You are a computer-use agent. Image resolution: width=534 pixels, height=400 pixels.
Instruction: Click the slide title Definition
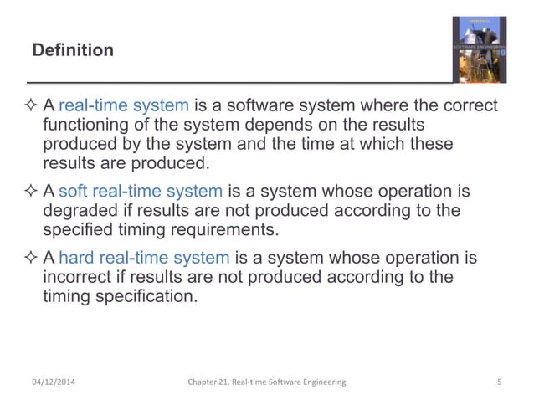coord(73,51)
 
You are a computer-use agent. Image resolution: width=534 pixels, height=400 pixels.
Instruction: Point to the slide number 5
coord(499,382)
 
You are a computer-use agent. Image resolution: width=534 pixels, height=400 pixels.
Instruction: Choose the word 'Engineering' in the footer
coord(320,382)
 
